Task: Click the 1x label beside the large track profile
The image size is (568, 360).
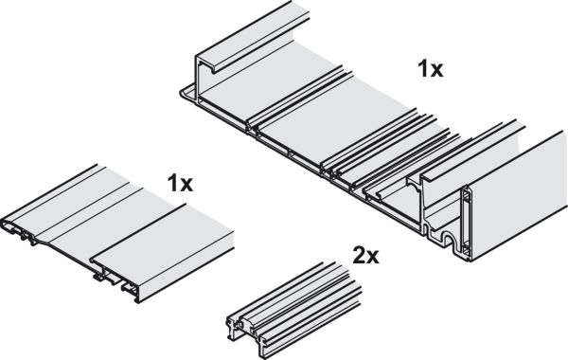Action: [x=431, y=69]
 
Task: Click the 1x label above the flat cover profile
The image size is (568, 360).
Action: [x=180, y=183]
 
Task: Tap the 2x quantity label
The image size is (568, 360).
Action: [x=365, y=256]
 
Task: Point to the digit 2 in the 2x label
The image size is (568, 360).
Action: [x=359, y=256]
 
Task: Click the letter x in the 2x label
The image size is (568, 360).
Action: [x=373, y=258]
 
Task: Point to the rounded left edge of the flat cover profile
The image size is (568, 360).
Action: [x=5, y=222]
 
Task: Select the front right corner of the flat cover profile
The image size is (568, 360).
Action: [x=137, y=301]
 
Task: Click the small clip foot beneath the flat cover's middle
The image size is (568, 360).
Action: [x=98, y=278]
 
